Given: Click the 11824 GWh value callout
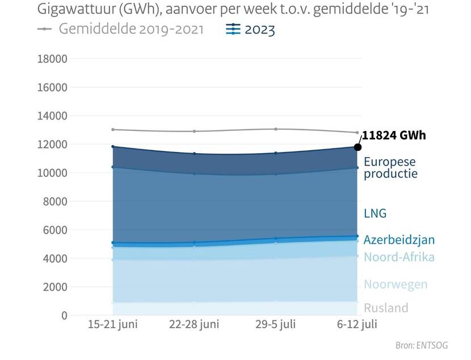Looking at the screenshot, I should [394, 135].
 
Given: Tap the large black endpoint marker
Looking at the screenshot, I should [358, 147].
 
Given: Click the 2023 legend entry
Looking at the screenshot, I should [250, 29].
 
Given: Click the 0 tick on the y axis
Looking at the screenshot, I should [65, 315].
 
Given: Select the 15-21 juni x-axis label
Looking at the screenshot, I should [113, 324].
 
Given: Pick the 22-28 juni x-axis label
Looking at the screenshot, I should [195, 324].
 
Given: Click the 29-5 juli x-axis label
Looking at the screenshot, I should [276, 324].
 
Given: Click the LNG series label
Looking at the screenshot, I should [375, 214].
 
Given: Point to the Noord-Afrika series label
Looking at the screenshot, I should [399, 257].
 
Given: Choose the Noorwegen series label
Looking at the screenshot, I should [396, 285].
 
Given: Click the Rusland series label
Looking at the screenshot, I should [386, 308].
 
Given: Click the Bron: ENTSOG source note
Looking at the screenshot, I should [431, 345].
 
